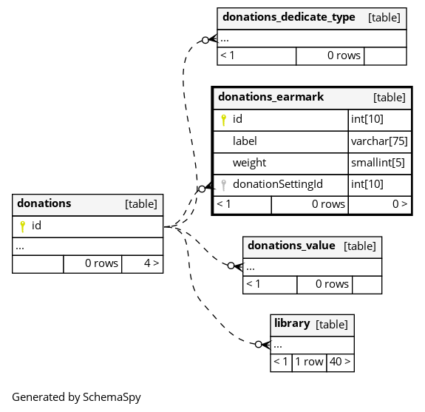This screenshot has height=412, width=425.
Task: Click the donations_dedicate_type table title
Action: click(289, 17)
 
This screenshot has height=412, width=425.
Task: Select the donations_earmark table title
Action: click(271, 97)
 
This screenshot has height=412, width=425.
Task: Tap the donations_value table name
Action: click(291, 246)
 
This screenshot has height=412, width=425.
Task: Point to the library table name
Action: click(292, 323)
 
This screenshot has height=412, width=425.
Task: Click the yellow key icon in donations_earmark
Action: click(224, 120)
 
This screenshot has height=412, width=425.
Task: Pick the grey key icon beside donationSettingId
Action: click(224, 185)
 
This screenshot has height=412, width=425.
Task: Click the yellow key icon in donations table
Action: click(23, 226)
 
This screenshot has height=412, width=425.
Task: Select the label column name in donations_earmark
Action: click(245, 141)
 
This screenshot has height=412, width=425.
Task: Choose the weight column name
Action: click(249, 163)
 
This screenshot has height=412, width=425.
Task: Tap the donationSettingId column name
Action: click(278, 184)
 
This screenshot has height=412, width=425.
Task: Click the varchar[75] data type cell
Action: click(380, 141)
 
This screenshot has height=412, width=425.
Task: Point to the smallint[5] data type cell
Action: click(380, 163)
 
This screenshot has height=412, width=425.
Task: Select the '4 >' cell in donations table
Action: click(143, 264)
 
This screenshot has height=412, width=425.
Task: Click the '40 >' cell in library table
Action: click(341, 362)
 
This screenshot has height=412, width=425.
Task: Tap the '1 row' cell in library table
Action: click(310, 362)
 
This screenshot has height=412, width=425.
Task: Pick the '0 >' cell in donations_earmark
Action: click(380, 205)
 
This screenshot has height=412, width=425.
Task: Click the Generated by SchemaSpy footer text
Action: click(76, 397)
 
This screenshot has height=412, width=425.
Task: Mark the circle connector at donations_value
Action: click(231, 266)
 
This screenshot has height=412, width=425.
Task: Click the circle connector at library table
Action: click(259, 344)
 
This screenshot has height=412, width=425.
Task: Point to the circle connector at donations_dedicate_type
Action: click(205, 40)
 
